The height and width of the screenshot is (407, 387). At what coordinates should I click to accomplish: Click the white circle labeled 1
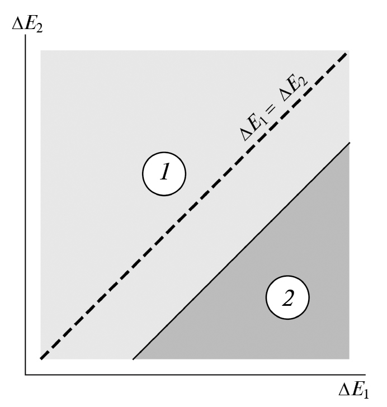pyautogui.click(x=164, y=174)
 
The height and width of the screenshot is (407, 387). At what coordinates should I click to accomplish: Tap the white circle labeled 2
pyautogui.click(x=287, y=297)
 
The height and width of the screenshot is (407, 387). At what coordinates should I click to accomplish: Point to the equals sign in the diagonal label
pyautogui.click(x=271, y=109)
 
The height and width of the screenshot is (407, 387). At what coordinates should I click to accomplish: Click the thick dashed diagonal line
pyautogui.click(x=193, y=206)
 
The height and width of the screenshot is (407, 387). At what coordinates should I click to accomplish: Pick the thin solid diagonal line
pyautogui.click(x=242, y=250)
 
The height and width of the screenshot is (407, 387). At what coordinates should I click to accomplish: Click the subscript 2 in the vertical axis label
pyautogui.click(x=39, y=29)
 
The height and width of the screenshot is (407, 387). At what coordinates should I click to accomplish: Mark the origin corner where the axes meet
pyautogui.click(x=25, y=375)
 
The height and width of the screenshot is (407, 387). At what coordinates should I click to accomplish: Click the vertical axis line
pyautogui.click(x=25, y=205)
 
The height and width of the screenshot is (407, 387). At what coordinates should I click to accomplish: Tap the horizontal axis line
pyautogui.click(x=195, y=375)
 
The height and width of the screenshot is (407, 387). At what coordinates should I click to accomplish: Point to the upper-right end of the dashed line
pyautogui.click(x=347, y=53)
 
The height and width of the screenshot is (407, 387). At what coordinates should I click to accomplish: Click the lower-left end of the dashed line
pyautogui.click(x=41, y=359)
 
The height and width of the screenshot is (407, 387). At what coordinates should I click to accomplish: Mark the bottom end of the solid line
pyautogui.click(x=133, y=359)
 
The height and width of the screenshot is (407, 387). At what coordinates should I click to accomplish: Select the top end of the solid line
pyautogui.click(x=350, y=142)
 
